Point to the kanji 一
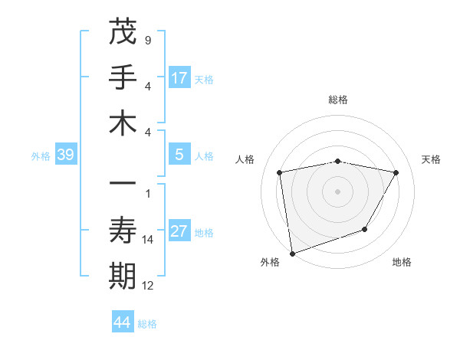pos(123,185)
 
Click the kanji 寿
pos(123,231)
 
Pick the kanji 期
pos(123,277)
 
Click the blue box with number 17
pos(179,78)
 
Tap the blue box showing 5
pos(179,155)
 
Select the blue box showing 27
pos(179,231)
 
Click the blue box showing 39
pos(66,155)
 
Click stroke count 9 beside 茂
pos(147,39)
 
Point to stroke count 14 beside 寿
pos(147,240)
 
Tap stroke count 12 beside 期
pos(148,286)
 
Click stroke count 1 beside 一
pos(147,194)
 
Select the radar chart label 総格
pos(338,100)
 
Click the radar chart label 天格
pos(431,159)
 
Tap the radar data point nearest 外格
pos(292,253)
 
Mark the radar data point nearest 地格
pos(365,229)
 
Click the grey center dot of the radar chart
pos(338,191)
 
